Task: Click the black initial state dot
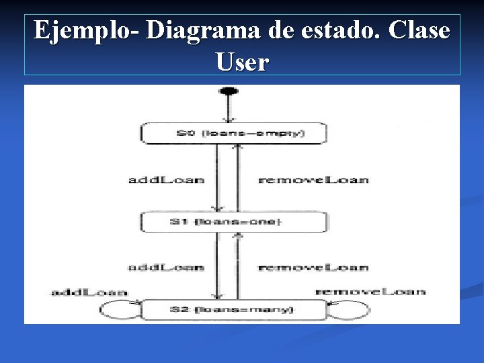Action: [x=229, y=91]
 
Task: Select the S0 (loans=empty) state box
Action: [x=233, y=133]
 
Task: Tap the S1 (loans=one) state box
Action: [x=233, y=223]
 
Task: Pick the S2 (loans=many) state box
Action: [x=233, y=310]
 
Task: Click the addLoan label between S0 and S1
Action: [x=166, y=179]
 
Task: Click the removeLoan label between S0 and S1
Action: [x=313, y=179]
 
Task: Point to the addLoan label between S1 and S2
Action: [x=166, y=267]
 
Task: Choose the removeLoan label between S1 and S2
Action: [x=313, y=267]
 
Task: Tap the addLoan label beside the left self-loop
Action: [x=89, y=292]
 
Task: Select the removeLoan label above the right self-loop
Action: [x=370, y=291]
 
